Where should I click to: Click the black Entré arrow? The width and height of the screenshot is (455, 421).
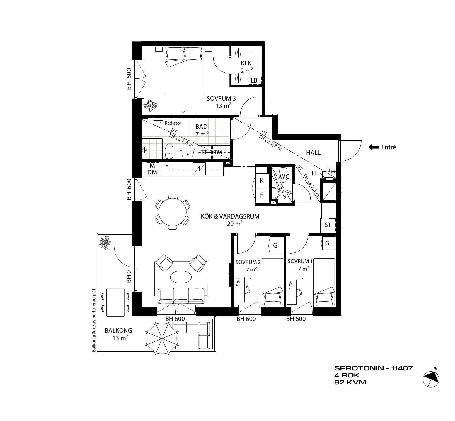(374, 147)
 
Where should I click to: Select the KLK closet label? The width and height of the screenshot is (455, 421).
(246, 63)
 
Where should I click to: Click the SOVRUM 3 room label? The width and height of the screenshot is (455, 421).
(221, 99)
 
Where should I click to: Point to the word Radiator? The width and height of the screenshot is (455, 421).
(173, 123)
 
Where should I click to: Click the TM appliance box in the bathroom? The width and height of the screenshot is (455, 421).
(218, 152)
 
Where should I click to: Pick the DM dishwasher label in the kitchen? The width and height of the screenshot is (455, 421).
(152, 172)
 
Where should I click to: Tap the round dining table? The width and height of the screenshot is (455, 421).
(172, 212)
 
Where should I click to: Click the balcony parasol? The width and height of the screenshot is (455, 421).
(162, 338)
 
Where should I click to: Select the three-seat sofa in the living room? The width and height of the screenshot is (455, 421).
(181, 296)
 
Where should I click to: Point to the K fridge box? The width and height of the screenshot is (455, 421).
(262, 181)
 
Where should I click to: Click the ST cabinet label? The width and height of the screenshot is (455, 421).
(328, 225)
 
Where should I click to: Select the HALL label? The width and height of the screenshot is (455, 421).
(313, 152)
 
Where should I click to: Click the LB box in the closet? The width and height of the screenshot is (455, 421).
(254, 80)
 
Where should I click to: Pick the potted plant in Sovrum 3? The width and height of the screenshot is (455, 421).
(151, 106)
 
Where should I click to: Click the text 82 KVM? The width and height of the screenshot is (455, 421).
(350, 382)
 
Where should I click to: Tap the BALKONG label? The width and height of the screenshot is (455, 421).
(118, 331)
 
